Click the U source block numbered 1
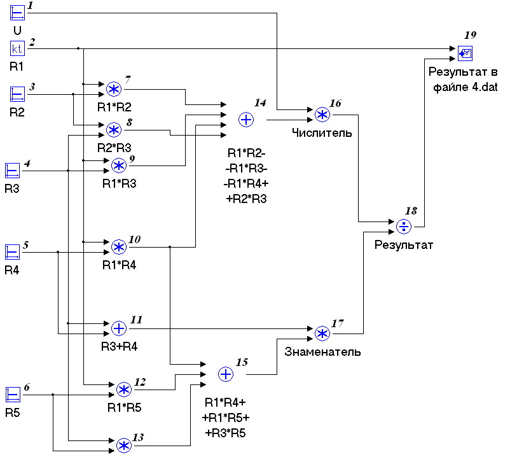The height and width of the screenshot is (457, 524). pyautogui.click(x=17, y=13)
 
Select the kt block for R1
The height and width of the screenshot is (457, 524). pyautogui.click(x=17, y=48)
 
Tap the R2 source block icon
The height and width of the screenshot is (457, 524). pyautogui.click(x=17, y=94)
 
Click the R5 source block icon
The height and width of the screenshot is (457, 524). pyautogui.click(x=13, y=395)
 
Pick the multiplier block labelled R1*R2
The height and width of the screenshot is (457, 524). pyautogui.click(x=114, y=89)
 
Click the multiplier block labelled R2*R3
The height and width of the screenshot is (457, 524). pyautogui.click(x=114, y=130)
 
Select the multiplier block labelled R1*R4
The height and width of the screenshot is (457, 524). pyautogui.click(x=119, y=247)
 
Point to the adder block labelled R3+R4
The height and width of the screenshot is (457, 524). pyautogui.click(x=119, y=328)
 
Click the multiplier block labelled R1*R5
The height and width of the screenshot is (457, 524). pyautogui.click(x=123, y=390)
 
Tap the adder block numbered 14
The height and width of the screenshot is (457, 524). pyautogui.click(x=246, y=120)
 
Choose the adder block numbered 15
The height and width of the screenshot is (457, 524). pyautogui.click(x=226, y=374)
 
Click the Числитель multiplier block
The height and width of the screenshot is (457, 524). pyautogui.click(x=322, y=115)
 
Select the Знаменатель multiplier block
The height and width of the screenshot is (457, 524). pyautogui.click(x=322, y=334)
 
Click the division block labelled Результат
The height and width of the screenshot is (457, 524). pyautogui.click(x=404, y=227)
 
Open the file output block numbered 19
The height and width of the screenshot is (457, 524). pyautogui.click(x=465, y=53)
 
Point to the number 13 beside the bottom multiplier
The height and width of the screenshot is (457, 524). pyautogui.click(x=139, y=437)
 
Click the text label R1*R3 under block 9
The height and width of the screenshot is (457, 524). pyautogui.click(x=120, y=183)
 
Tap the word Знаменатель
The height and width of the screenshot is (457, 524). pyautogui.click(x=322, y=351)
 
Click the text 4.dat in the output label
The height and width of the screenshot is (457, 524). pyautogui.click(x=485, y=87)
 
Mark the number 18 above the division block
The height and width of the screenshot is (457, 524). pyautogui.click(x=411, y=211)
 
